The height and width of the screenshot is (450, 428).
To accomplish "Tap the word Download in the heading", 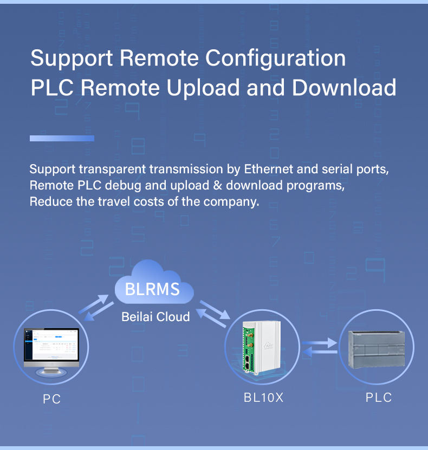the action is pos(344,87).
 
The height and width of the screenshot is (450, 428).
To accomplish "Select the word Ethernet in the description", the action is pos(268,169).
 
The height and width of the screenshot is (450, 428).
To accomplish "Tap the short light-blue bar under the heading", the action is pos(62,138).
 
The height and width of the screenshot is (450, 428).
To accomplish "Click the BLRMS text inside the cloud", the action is pos(152,289).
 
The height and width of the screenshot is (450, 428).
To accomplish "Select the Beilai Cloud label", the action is pos(155,317).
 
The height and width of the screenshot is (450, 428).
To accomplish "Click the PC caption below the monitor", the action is pos(51,399).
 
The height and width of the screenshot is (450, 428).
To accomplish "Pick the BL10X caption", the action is pos(263,397).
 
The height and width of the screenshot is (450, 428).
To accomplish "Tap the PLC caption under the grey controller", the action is pos(378,397).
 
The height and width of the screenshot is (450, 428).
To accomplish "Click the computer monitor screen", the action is pos(51,344).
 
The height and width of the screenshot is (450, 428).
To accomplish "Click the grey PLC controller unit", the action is pos(377,349).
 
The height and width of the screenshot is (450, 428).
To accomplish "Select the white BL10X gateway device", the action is pos(261,347).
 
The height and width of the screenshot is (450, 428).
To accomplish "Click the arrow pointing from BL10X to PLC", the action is pos(320,343).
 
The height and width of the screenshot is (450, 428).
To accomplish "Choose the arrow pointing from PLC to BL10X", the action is pos(320,352).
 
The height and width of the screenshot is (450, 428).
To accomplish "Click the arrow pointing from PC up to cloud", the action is pos(93,304).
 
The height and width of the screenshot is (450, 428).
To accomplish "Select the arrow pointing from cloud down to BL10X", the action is pos(215,310).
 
